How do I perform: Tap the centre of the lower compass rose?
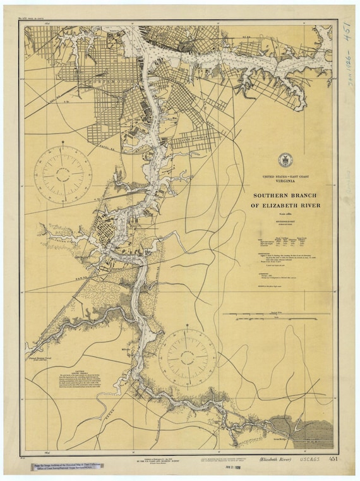[x=188, y=357]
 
